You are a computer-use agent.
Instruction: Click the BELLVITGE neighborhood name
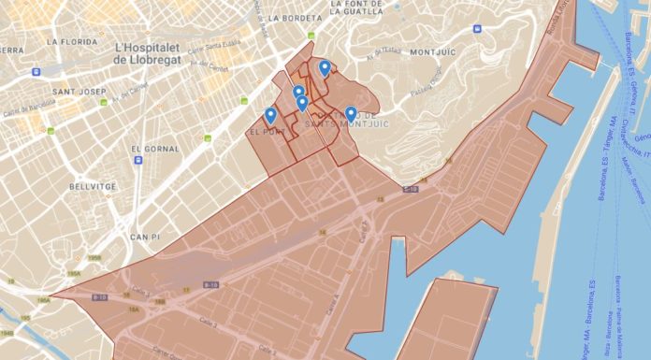(x=92, y=186)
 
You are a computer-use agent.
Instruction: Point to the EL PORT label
(x=266, y=133)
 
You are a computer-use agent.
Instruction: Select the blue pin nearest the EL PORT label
(x=270, y=115)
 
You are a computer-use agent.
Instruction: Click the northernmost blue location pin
(x=325, y=67)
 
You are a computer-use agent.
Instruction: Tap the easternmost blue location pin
(x=351, y=114)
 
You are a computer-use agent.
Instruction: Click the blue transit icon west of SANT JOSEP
(x=36, y=72)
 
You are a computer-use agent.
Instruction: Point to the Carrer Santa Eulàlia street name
(x=211, y=50)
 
